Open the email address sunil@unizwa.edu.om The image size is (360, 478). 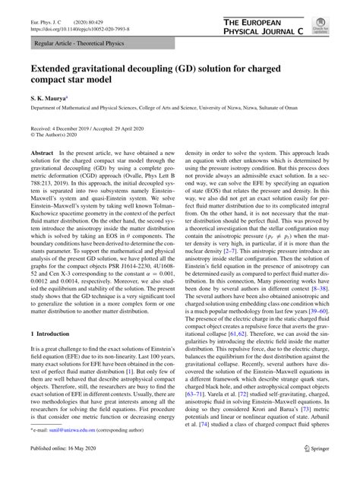pos(64,450)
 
